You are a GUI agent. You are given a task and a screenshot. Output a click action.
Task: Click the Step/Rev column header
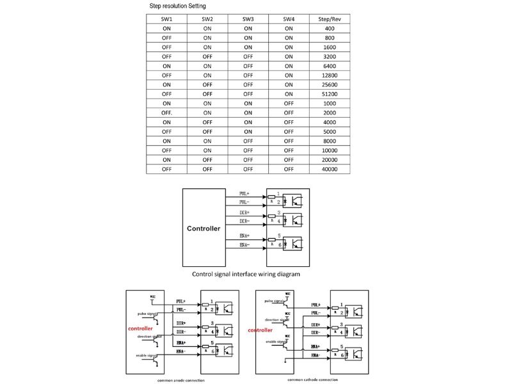(330, 19)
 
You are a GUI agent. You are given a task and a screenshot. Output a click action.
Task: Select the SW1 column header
(166, 19)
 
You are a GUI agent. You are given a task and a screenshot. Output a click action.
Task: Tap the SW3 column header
(248, 19)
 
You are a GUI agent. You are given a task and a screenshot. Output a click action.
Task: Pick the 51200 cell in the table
(330, 93)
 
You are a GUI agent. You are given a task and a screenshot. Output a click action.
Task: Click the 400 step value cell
(330, 28)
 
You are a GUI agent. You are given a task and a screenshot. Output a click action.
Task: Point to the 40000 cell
(330, 169)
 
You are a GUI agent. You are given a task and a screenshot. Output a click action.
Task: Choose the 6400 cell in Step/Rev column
(330, 66)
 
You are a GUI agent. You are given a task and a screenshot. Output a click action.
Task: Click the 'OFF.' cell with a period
(167, 113)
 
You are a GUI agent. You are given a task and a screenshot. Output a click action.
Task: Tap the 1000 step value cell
(330, 103)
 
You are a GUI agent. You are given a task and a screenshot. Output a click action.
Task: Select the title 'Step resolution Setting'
(178, 6)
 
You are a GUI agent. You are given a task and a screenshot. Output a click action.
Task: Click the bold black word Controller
(204, 228)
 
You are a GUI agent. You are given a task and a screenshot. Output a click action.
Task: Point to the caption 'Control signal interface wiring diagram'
(246, 274)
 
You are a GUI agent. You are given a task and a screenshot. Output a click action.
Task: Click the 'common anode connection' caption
(181, 380)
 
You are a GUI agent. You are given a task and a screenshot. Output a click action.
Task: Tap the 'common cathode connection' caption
(312, 380)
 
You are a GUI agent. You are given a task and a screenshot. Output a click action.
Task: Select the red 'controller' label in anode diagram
(140, 328)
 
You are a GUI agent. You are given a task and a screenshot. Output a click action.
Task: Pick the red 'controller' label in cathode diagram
(260, 330)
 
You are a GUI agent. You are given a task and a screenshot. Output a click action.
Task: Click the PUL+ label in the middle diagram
(244, 193)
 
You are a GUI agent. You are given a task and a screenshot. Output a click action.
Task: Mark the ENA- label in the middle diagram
(244, 245)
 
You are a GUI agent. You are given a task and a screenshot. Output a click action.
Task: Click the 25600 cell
(330, 84)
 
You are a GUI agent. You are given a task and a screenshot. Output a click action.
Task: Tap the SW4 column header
(289, 19)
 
